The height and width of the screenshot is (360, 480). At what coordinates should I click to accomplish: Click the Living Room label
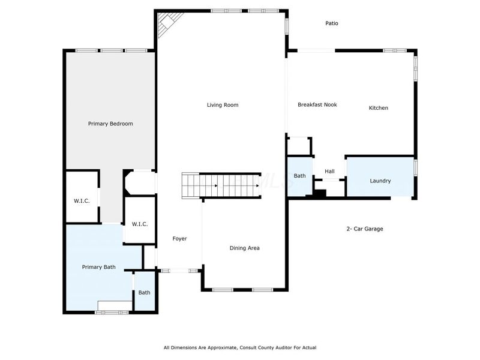[223, 105]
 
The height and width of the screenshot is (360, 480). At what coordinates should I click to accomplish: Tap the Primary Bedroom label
[110, 124]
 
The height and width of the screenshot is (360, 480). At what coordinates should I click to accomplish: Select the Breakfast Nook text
[317, 104]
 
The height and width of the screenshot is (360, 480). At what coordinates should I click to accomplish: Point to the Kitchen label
[378, 108]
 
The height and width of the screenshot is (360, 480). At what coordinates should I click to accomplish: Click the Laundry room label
[380, 181]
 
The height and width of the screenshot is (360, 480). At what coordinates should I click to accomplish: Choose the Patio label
[332, 23]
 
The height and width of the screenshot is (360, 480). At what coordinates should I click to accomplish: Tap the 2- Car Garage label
[365, 229]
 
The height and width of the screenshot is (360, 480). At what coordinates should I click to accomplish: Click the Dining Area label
[245, 248]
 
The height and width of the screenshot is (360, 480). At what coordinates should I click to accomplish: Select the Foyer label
[179, 239]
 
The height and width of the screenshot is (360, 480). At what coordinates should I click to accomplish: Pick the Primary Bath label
[99, 267]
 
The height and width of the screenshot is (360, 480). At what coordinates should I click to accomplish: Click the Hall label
[329, 172]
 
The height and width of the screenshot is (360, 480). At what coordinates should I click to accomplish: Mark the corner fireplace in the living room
[165, 24]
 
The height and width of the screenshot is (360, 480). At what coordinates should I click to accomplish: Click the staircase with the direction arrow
[222, 185]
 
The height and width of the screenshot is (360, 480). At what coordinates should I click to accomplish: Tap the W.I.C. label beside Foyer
[140, 224]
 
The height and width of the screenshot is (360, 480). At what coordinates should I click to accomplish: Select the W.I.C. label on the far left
[82, 201]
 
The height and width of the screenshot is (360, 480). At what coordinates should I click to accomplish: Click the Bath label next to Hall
[299, 176]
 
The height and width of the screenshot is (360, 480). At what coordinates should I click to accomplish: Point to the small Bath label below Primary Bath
[145, 293]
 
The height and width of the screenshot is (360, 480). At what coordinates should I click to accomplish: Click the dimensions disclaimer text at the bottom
[240, 347]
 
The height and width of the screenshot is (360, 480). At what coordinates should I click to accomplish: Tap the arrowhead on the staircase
[257, 185]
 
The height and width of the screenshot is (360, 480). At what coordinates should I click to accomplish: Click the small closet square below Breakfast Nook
[299, 146]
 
